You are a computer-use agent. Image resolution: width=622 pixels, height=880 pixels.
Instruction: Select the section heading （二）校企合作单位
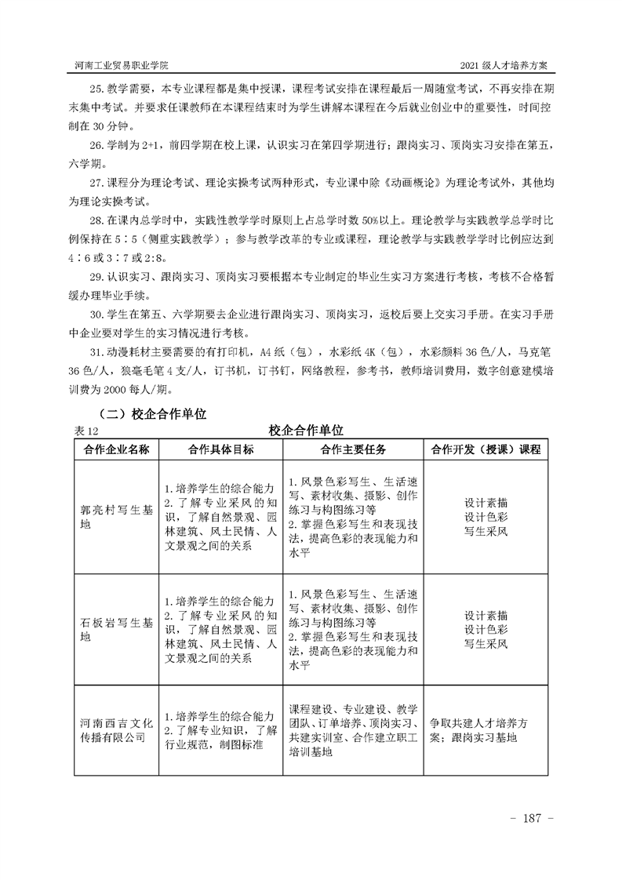tap(150, 413)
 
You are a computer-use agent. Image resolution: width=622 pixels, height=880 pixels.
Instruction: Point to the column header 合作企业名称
tap(116, 449)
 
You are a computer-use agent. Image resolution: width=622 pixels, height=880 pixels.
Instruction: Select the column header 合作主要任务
tap(353, 449)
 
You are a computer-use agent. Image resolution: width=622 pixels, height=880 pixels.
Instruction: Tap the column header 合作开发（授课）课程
tap(486, 449)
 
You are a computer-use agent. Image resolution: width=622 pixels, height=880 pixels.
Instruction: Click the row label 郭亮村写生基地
tap(116, 515)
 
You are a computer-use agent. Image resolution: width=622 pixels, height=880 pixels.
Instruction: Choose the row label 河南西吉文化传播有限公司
tap(116, 729)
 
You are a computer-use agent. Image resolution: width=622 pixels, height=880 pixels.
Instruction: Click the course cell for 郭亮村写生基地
tap(486, 516)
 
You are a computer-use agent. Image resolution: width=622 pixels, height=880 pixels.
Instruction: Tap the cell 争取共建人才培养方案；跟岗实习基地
tap(486, 730)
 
